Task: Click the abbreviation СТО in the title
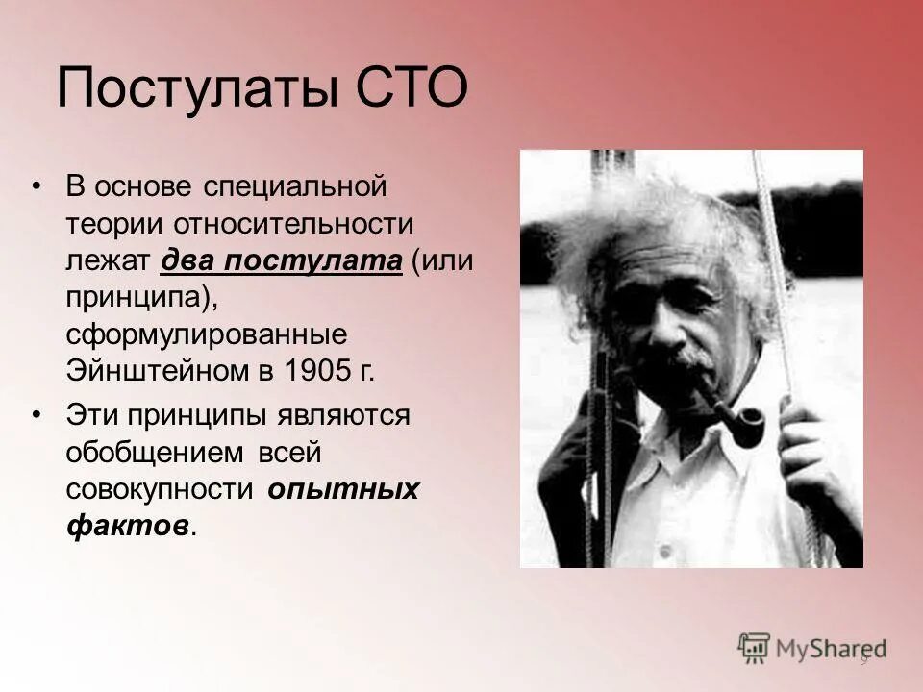point(413,88)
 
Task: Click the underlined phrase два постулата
point(281,259)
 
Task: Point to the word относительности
point(294,223)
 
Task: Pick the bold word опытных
point(343,488)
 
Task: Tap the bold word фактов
point(127,525)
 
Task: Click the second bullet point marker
point(37,415)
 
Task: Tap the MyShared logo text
point(832,648)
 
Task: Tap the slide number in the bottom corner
point(863,659)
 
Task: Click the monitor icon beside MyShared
point(755,647)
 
